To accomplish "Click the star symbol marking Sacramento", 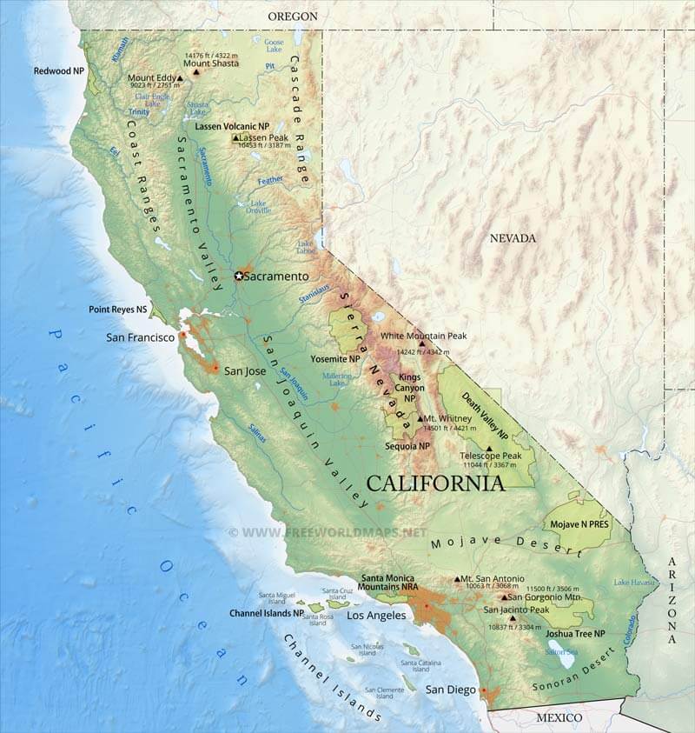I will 239,276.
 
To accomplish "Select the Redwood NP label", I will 59,70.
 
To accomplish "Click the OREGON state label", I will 293,16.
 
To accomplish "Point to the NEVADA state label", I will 513,238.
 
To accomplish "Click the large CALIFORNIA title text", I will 435,483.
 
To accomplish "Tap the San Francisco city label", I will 140,337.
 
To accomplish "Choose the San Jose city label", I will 245,370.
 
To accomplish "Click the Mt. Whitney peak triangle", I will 420,418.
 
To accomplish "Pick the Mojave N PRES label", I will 576,525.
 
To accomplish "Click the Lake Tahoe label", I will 305,247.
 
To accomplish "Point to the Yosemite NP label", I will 335,358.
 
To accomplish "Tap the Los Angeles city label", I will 376,615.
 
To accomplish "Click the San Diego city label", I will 451,690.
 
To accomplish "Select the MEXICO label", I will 558,717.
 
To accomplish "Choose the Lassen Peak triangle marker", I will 235,137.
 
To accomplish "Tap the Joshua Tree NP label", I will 575,634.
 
